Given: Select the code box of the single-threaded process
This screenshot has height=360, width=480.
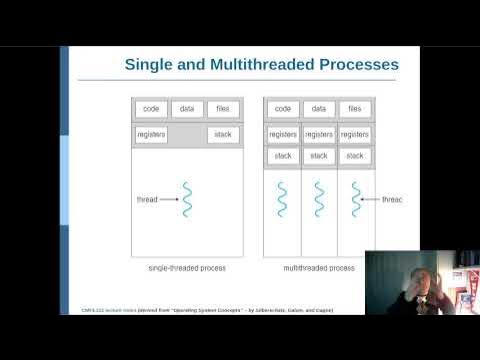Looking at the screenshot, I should tap(150, 109).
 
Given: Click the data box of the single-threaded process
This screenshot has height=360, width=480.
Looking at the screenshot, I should tap(187, 109).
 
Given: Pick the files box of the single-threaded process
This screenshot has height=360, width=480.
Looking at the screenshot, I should tap(223, 109).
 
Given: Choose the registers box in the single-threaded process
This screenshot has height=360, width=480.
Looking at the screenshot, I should tap(151, 134).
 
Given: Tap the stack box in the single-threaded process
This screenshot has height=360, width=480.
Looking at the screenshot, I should tap(223, 134).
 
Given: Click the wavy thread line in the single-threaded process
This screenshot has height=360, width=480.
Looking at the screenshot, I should tap(187, 199).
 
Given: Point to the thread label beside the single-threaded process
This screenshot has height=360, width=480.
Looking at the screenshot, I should tap(147, 200).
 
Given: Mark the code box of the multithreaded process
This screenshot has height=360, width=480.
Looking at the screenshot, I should tap(282, 109).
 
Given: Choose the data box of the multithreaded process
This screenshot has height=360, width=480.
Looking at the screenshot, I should tap(318, 109).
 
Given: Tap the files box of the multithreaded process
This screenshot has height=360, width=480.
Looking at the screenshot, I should tap(354, 109).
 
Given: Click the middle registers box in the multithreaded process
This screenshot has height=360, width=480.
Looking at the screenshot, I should tap(318, 134).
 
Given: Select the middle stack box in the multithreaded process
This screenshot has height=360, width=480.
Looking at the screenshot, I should tap(318, 156).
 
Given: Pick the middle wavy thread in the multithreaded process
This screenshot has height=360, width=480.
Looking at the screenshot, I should tap(318, 199).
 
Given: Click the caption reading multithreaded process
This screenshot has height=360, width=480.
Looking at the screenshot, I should tap(318, 268).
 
